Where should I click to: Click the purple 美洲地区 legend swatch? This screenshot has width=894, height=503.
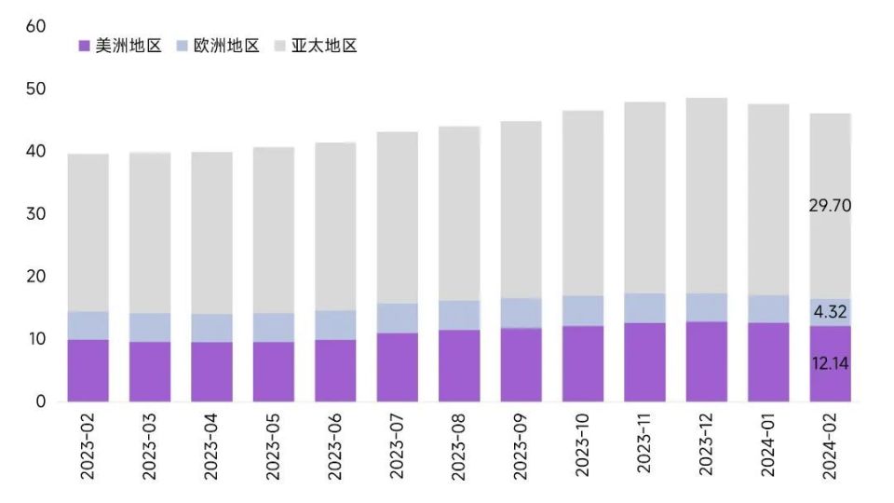84,46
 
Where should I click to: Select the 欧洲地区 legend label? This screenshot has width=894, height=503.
226,46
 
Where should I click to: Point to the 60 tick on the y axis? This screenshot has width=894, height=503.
36,26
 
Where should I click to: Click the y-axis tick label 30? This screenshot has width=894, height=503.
36,214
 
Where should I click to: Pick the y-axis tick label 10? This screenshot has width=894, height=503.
36,339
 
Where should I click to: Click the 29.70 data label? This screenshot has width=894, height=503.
830,206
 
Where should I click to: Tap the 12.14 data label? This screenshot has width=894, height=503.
830,363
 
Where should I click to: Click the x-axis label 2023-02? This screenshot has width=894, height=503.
88,448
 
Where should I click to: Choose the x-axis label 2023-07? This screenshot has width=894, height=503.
398,448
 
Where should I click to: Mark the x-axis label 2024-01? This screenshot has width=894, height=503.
768,448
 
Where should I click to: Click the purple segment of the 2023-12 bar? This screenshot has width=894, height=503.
707,361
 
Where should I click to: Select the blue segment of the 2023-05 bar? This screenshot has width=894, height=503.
274,327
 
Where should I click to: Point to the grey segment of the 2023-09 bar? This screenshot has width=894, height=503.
521,210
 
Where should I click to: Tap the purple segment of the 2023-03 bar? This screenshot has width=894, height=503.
150,372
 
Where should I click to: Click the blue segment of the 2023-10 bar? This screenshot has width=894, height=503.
583,310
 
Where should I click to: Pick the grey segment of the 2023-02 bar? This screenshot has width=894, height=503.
88,233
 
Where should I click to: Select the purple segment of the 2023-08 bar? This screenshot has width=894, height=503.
459,365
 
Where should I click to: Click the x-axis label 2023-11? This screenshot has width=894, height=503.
644,448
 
